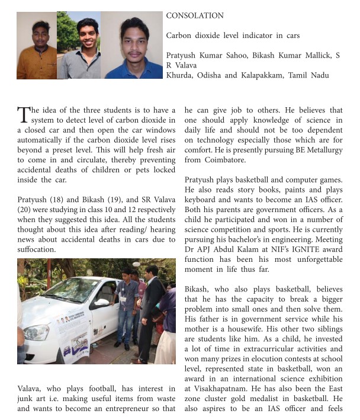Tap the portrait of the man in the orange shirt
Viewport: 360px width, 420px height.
(36, 46)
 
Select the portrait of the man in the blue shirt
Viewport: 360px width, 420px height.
(134, 46)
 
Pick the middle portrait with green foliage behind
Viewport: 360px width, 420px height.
(79, 45)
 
